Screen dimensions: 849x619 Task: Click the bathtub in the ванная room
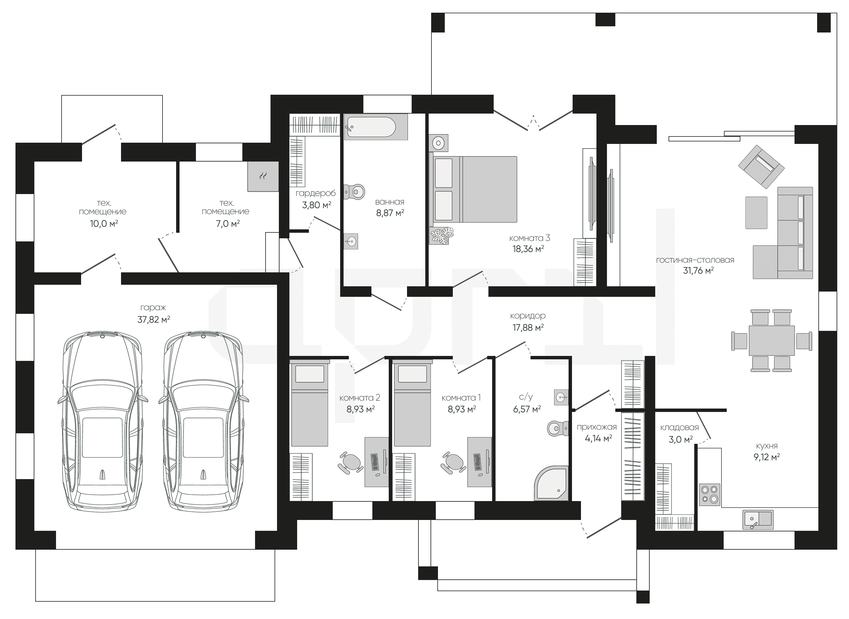click(376, 127)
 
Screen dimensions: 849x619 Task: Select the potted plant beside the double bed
click(442, 235)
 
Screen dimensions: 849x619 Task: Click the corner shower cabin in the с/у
click(551, 483)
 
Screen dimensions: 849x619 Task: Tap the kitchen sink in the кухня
click(758, 520)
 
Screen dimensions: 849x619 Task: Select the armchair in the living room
click(761, 167)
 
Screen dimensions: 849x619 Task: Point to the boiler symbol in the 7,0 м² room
click(263, 176)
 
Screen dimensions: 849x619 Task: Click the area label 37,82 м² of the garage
click(154, 320)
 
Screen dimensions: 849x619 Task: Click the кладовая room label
click(679, 427)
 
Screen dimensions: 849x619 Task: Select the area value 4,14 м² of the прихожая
click(598, 438)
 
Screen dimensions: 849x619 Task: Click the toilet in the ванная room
click(354, 192)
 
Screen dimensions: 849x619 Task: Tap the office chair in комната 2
click(350, 463)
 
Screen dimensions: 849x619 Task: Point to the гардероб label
click(315, 193)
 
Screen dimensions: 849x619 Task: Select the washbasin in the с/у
click(561, 396)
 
